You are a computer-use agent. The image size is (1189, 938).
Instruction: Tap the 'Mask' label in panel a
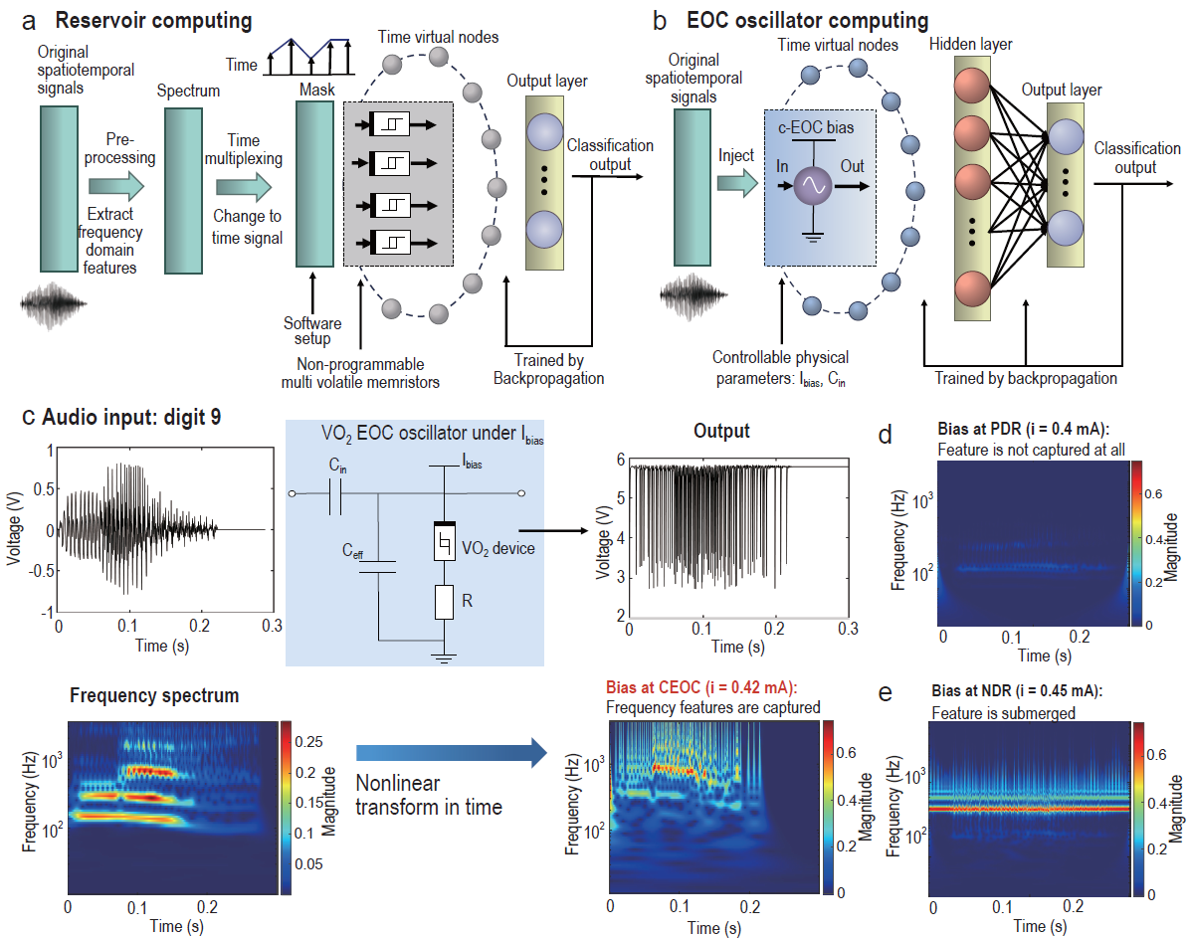[x=314, y=90]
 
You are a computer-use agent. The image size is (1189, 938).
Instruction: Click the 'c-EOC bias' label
[x=817, y=127]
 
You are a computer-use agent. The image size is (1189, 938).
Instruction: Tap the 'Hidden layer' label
[x=972, y=44]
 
